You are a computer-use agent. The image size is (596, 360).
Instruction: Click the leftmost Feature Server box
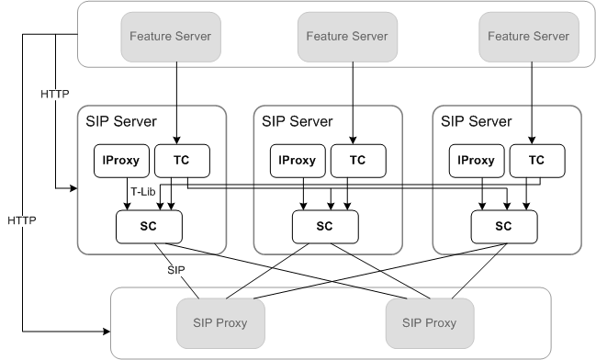tap(170, 37)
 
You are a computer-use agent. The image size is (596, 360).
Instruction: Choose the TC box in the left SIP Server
tap(181, 160)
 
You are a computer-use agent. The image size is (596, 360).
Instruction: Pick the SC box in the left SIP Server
tap(149, 226)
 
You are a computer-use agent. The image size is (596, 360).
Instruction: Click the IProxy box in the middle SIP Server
tap(296, 160)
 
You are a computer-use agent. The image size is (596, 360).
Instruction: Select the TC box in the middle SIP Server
tap(357, 160)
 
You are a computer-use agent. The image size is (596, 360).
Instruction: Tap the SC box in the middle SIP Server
tap(325, 226)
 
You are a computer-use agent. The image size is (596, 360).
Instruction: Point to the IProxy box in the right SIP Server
tap(475, 160)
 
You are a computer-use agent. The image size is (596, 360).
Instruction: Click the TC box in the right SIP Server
tap(536, 160)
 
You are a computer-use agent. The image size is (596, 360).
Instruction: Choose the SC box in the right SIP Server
tap(504, 226)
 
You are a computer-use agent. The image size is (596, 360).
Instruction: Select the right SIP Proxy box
tap(430, 323)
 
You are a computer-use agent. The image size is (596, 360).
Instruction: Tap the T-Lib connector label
tap(141, 192)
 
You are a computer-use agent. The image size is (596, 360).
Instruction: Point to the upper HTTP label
tap(54, 95)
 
